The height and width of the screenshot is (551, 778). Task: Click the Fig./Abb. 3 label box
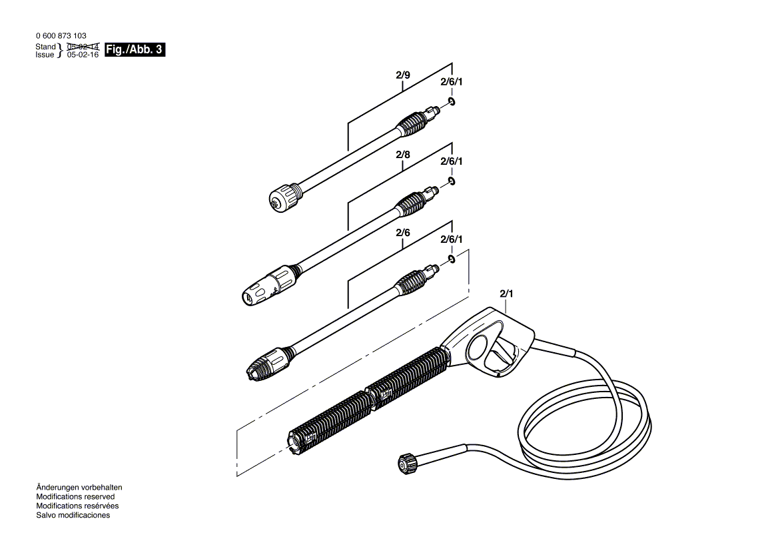click(135, 50)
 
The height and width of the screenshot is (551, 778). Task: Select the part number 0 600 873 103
click(61, 35)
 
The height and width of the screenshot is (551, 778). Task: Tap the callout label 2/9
click(402, 75)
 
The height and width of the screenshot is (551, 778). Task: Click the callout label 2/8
click(402, 155)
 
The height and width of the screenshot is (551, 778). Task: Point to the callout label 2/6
click(402, 232)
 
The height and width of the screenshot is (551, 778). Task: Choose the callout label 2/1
click(507, 294)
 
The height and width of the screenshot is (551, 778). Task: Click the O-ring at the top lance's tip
click(452, 101)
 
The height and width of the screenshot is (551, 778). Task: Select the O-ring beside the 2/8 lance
click(452, 181)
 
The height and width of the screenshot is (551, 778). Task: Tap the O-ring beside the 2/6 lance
click(452, 258)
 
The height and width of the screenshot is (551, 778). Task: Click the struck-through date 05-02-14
click(83, 47)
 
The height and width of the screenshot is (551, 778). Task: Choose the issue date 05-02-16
click(83, 55)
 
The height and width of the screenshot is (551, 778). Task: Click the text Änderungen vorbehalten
click(79, 488)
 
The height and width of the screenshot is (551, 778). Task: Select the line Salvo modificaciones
click(73, 515)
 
